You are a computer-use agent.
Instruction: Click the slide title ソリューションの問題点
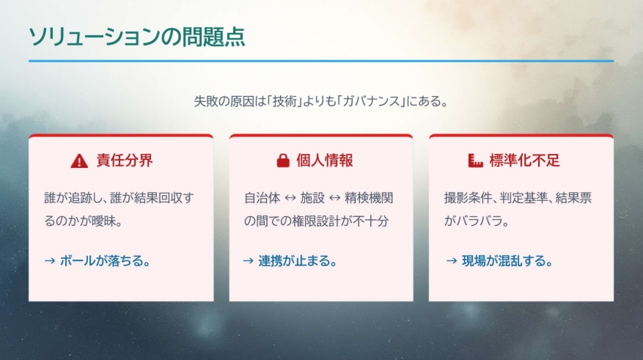[136, 36]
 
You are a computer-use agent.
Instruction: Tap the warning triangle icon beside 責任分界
[79, 161]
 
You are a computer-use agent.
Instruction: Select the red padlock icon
[282, 161]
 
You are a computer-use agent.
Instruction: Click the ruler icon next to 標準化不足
[474, 161]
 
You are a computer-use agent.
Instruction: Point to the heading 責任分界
[125, 161]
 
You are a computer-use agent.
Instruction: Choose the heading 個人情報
[325, 161]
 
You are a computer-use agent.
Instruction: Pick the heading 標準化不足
[523, 161]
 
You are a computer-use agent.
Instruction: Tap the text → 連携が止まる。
[290, 260]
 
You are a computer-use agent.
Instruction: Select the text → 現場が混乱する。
[498, 260]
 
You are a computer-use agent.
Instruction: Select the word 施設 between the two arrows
[312, 198]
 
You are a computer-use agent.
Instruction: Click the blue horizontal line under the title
[321, 61]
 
